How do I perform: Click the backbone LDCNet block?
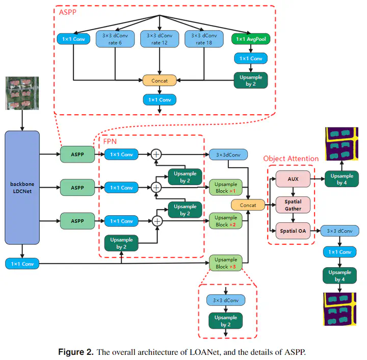[x=22, y=187]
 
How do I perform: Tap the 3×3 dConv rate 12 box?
[x=160, y=39]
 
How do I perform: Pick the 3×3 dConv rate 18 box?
[x=204, y=39]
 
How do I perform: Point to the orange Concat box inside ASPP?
[x=160, y=80]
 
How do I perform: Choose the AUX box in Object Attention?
[x=293, y=179]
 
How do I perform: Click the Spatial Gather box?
[x=293, y=205]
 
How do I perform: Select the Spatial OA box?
[x=293, y=232]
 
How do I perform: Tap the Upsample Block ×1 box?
[x=226, y=187]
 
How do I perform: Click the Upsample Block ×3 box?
[x=226, y=264]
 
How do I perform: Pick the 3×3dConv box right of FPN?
[x=228, y=153]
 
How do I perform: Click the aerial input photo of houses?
[x=22, y=93]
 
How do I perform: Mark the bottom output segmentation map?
[x=341, y=308]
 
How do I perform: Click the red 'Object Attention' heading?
[x=291, y=159]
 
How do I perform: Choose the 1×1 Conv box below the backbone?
[x=22, y=264]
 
